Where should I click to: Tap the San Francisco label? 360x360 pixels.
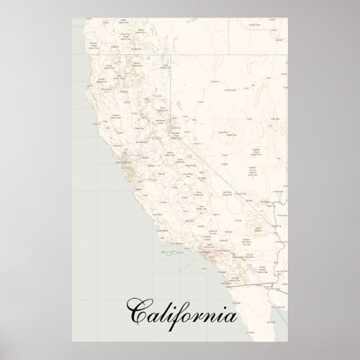pyautogui.click(x=123, y=163)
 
